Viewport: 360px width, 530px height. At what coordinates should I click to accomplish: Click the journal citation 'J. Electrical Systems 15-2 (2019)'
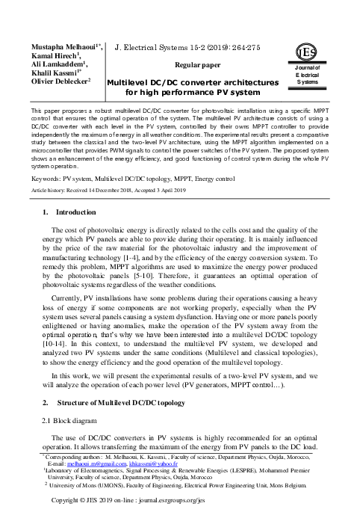tap(171, 47)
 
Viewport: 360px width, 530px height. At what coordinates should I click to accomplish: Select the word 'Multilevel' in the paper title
tap(131, 82)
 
